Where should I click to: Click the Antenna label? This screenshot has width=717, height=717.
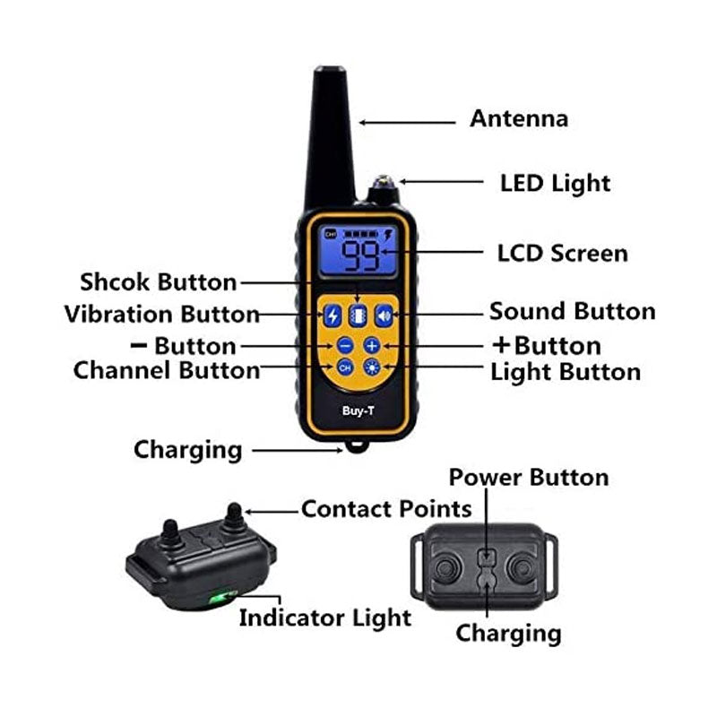pyautogui.click(x=519, y=118)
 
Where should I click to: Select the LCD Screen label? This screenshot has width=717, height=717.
pyautogui.click(x=562, y=254)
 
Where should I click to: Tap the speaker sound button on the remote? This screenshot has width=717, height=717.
pyautogui.click(x=384, y=315)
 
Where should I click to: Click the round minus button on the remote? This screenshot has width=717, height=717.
pyautogui.click(x=345, y=345)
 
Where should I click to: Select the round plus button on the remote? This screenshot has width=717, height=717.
pyautogui.click(x=372, y=345)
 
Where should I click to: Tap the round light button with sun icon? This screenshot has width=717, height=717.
pyautogui.click(x=371, y=367)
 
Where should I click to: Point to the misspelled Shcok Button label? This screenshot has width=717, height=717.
pyautogui.click(x=158, y=282)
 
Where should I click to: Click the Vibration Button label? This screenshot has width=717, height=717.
pyautogui.click(x=161, y=315)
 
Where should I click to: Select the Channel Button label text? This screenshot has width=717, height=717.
pyautogui.click(x=167, y=369)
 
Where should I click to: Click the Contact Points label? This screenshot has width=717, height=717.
pyautogui.click(x=386, y=509)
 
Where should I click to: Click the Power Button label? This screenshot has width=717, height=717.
pyautogui.click(x=529, y=477)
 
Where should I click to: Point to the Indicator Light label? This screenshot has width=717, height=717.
pyautogui.click(x=324, y=617)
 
